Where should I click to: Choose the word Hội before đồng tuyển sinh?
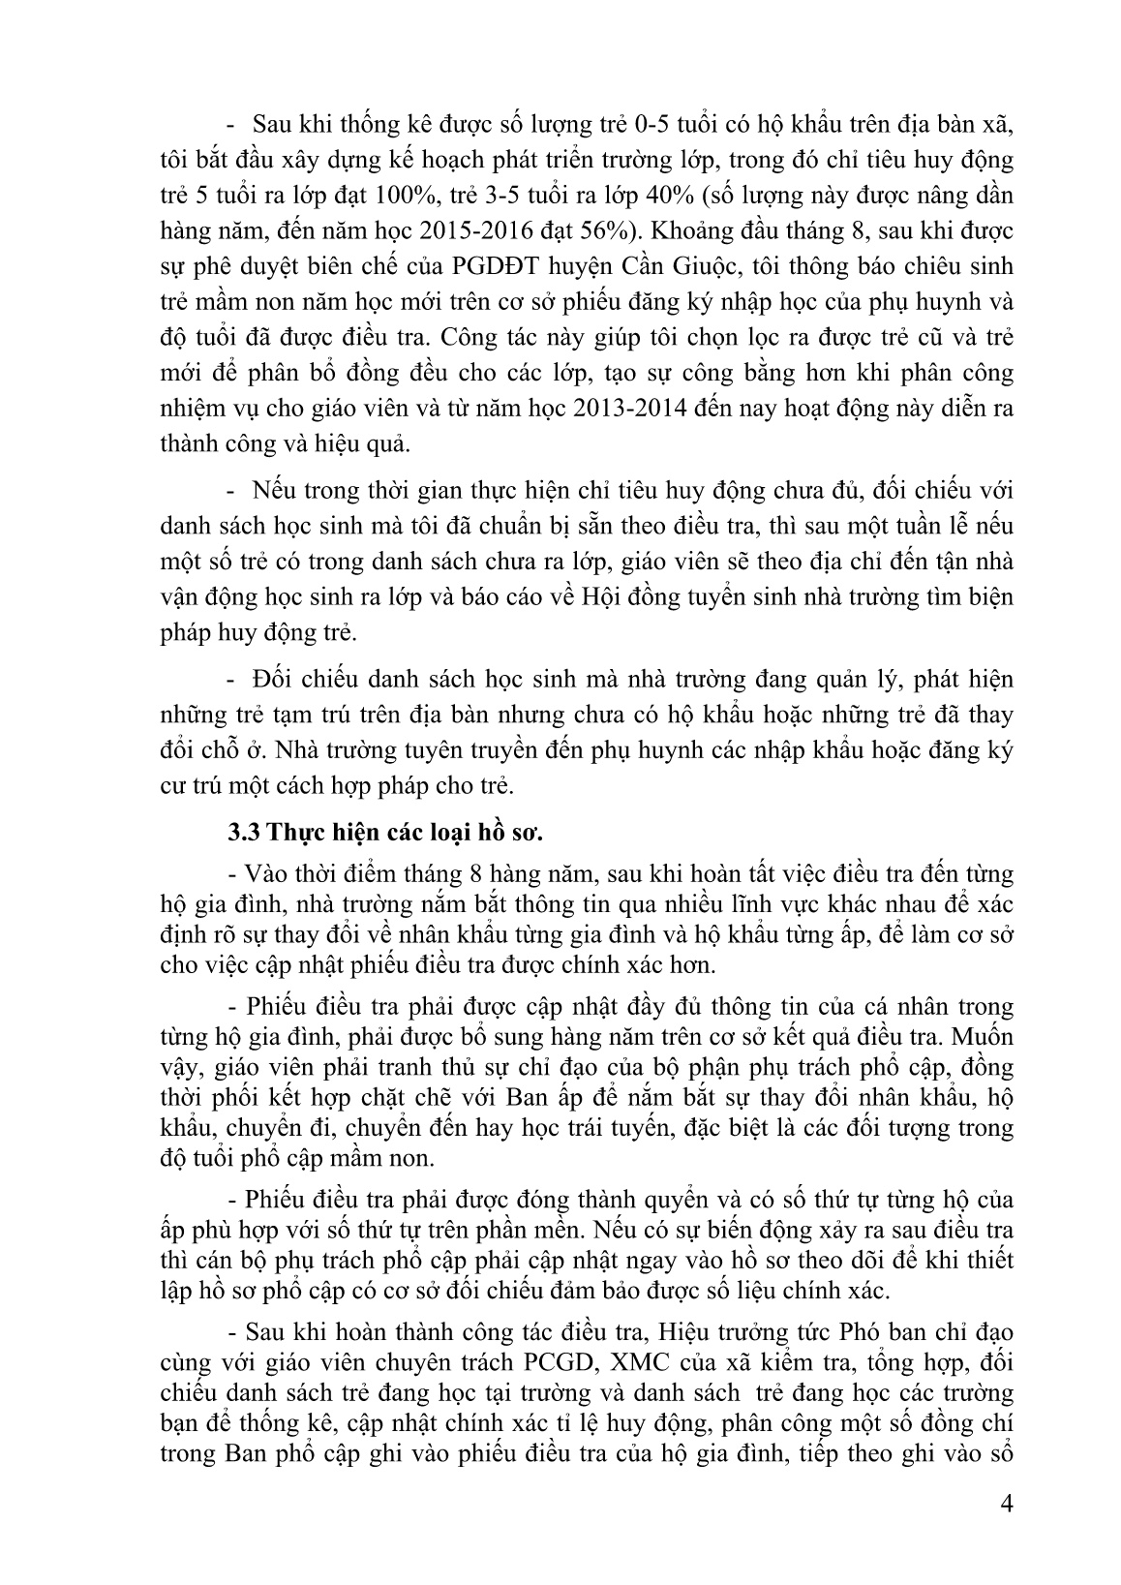click(x=607, y=597)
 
